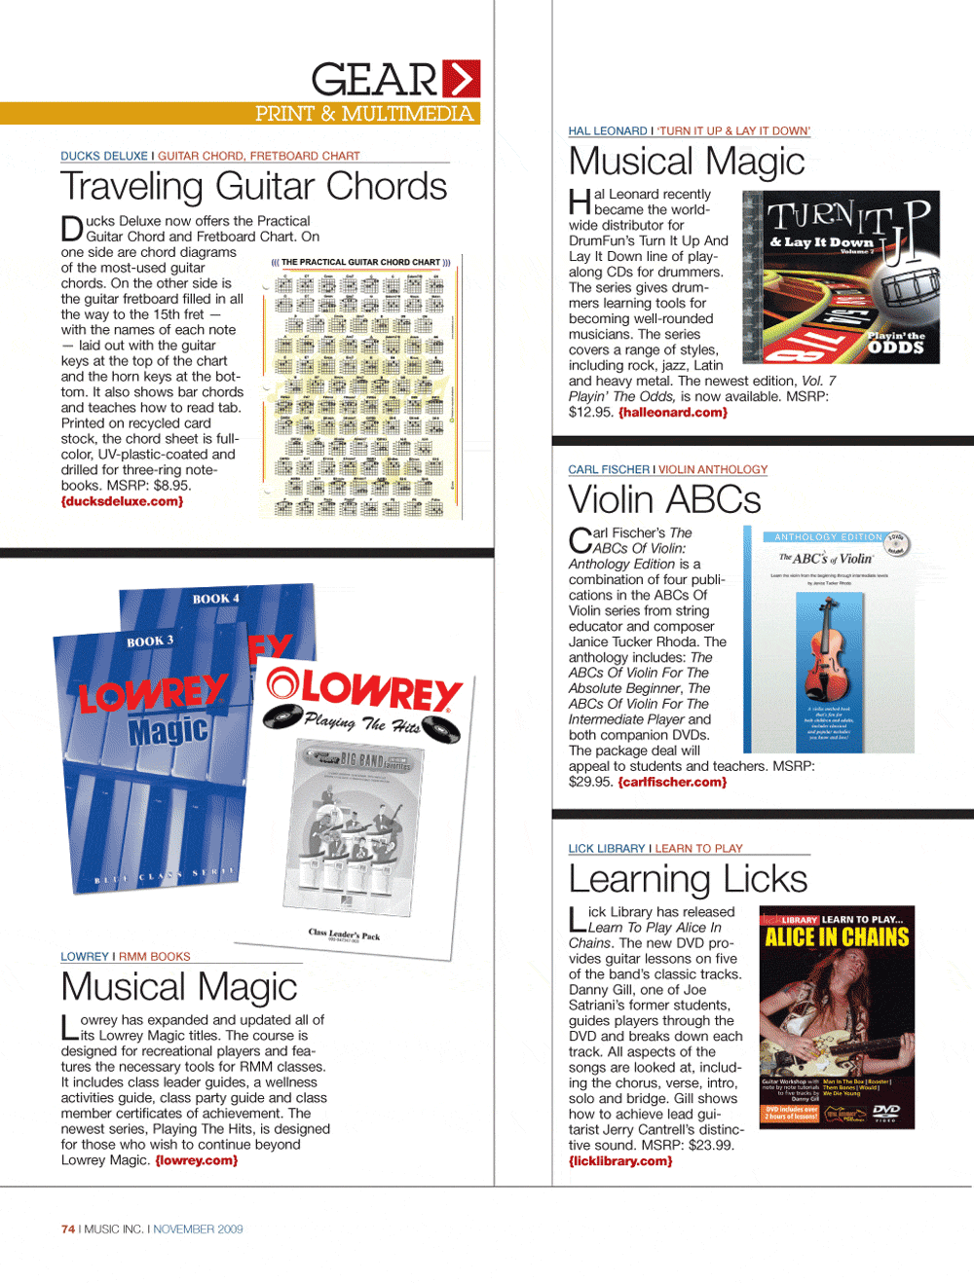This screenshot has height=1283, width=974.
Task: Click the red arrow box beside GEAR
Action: [462, 79]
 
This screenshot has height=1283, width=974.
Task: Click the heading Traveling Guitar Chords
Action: [253, 187]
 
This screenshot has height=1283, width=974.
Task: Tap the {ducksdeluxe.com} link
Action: [122, 501]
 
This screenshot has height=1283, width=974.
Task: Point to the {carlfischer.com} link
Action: [672, 782]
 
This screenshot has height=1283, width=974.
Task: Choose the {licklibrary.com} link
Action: [620, 1160]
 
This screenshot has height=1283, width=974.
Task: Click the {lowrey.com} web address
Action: [196, 1160]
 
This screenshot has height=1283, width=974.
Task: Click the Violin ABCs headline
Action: [664, 499]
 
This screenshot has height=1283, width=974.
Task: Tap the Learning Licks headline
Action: [688, 879]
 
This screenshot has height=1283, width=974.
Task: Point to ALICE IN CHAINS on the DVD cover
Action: [837, 937]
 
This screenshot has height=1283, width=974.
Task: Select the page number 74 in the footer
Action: [67, 1229]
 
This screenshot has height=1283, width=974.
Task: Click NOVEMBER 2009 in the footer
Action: [198, 1229]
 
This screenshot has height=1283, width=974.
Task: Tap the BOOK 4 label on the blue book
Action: [215, 598]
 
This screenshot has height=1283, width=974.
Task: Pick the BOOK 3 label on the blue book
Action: [150, 641]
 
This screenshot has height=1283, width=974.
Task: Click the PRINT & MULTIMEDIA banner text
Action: [364, 114]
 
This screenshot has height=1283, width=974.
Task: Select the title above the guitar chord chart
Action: [360, 262]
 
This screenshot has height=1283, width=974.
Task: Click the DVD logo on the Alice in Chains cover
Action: [886, 1112]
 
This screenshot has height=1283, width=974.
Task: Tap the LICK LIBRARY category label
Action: [607, 849]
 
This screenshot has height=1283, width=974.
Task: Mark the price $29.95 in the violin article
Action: [588, 782]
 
